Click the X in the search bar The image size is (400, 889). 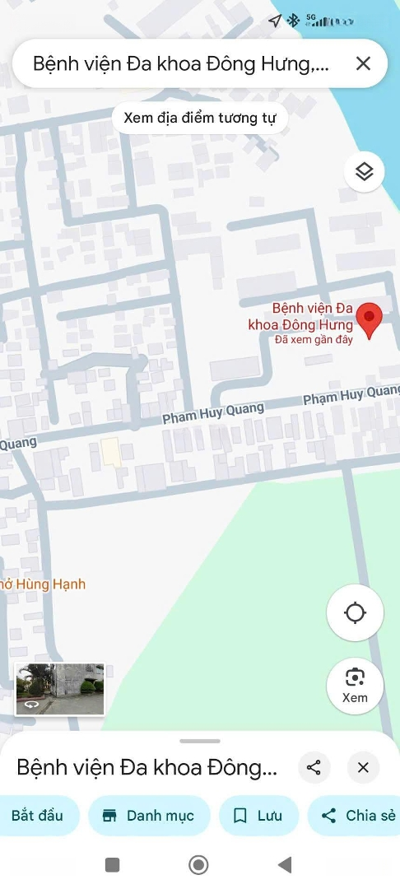(363, 63)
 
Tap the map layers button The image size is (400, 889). (365, 171)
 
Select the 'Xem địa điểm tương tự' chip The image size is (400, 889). (200, 118)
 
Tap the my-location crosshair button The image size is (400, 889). (355, 612)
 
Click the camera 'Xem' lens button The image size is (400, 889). (355, 685)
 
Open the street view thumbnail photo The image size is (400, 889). (60, 688)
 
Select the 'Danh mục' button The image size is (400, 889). (149, 816)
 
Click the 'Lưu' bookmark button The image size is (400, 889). (258, 816)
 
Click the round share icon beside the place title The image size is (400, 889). (314, 768)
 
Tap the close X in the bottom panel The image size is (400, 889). (363, 768)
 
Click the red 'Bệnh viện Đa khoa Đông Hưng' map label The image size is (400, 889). (301, 316)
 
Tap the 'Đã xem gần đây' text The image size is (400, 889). (314, 339)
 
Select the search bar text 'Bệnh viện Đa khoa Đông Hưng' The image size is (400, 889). (181, 63)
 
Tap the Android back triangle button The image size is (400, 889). (285, 864)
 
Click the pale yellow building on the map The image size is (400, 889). (110, 452)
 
